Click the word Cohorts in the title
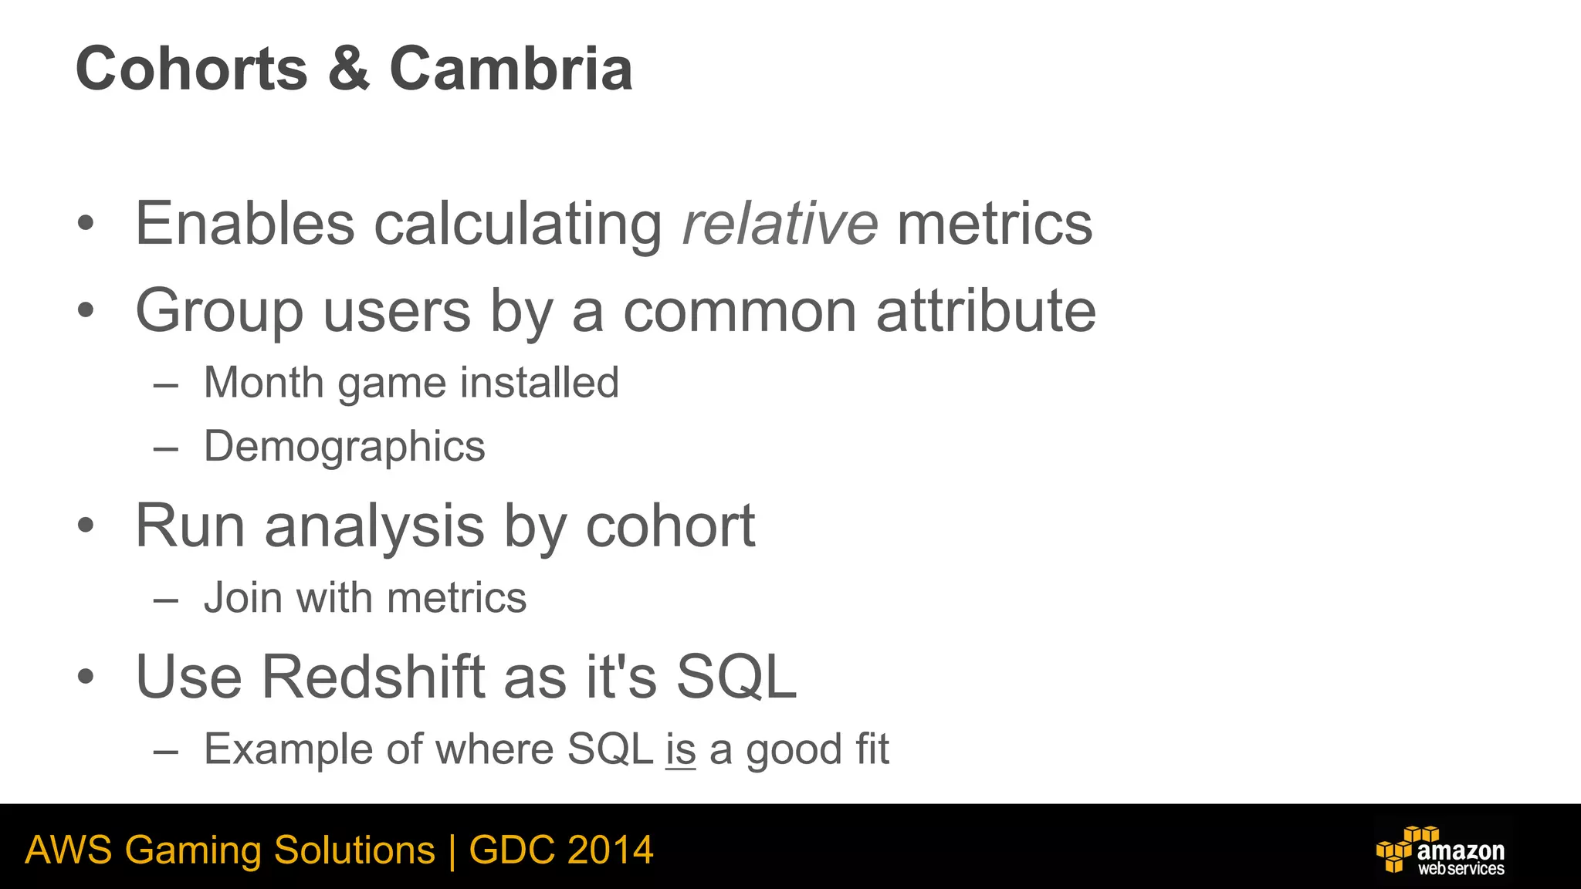[191, 69]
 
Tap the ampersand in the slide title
[349, 69]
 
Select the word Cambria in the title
[511, 69]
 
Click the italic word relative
[780, 225]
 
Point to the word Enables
[245, 225]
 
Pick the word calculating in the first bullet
[517, 225]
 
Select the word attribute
[986, 311]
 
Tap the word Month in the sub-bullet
[263, 382]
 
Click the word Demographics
[344, 447]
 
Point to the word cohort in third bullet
[670, 526]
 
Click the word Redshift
[373, 677]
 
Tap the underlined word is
[681, 749]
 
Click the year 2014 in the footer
[610, 850]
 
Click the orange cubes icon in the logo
[1399, 849]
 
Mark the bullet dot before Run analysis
[86, 526]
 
